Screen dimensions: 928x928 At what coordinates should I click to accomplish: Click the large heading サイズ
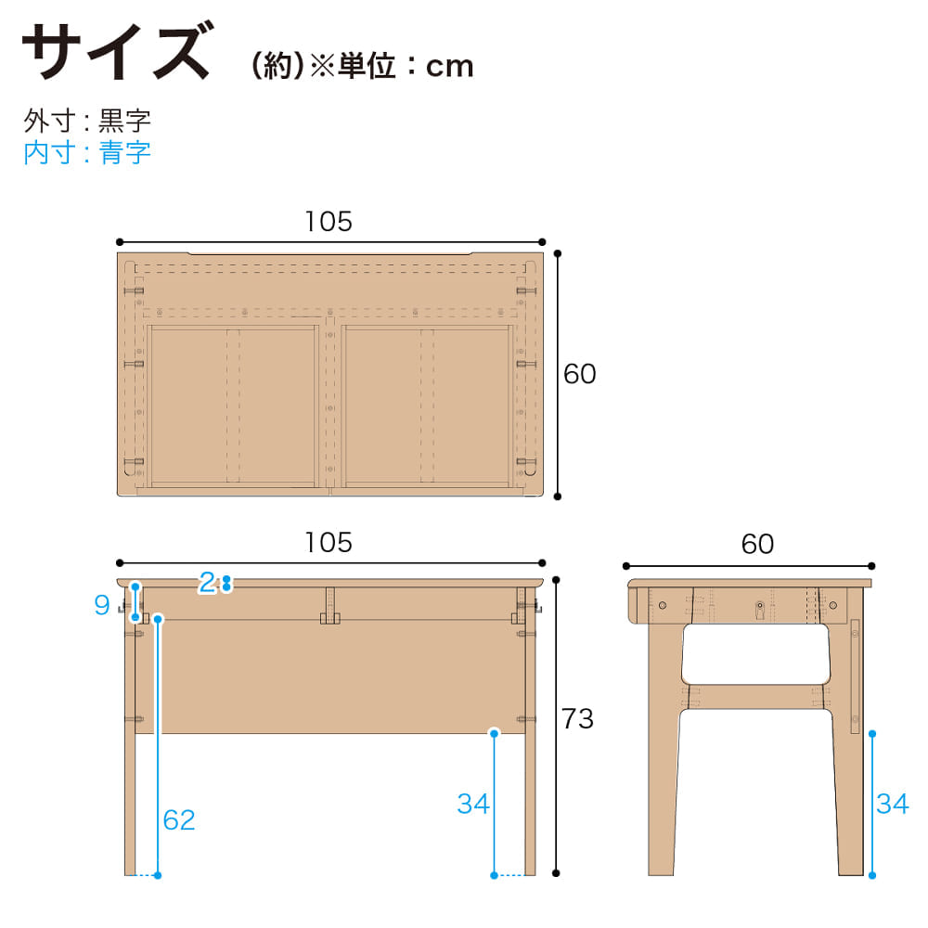click(x=116, y=51)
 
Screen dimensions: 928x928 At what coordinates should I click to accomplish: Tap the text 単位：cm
click(x=406, y=66)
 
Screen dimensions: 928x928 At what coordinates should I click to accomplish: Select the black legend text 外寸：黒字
click(x=87, y=121)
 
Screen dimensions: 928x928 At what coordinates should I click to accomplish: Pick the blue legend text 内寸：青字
click(x=87, y=153)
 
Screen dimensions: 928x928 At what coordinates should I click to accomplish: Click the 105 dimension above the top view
click(x=329, y=222)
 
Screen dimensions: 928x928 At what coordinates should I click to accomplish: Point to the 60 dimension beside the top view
click(x=579, y=374)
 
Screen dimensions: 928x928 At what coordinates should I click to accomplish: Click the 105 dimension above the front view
click(x=329, y=543)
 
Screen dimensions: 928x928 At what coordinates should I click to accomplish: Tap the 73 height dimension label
click(x=577, y=718)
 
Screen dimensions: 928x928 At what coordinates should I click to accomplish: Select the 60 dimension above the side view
click(x=757, y=545)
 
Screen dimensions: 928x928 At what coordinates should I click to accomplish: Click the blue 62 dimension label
click(x=179, y=820)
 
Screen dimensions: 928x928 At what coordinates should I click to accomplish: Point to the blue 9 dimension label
click(x=102, y=605)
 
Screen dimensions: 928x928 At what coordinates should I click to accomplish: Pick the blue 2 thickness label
click(x=207, y=583)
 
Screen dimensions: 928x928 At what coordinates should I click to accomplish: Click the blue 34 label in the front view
click(x=473, y=804)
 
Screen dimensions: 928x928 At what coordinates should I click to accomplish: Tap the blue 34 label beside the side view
click(x=893, y=804)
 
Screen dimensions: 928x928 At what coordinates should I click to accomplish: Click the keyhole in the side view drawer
click(x=760, y=609)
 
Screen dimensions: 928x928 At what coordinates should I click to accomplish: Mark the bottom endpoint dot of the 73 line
click(x=556, y=873)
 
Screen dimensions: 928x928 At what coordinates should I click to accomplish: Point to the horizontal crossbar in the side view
click(x=755, y=697)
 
